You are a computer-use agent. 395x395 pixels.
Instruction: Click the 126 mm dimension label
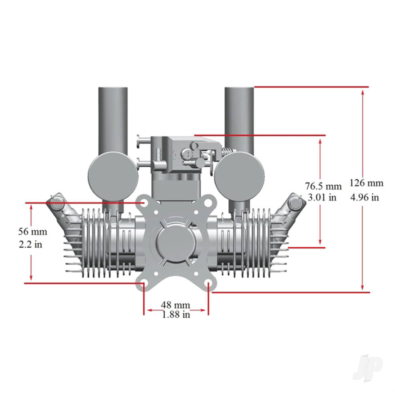click(366, 183)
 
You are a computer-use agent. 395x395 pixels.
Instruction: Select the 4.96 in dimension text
click(365, 197)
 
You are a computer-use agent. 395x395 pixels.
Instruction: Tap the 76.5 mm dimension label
click(323, 186)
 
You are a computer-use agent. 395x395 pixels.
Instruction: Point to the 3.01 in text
click(322, 197)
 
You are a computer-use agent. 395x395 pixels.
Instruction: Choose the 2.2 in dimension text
click(30, 244)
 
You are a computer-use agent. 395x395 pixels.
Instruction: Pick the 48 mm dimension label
click(175, 305)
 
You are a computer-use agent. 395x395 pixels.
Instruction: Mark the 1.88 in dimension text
click(176, 314)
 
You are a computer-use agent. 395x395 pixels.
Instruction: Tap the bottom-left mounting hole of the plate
click(144, 284)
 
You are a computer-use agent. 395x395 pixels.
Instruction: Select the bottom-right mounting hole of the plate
click(208, 284)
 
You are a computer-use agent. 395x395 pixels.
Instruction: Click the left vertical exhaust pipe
click(113, 118)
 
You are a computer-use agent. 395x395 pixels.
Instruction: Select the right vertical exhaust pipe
click(239, 118)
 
